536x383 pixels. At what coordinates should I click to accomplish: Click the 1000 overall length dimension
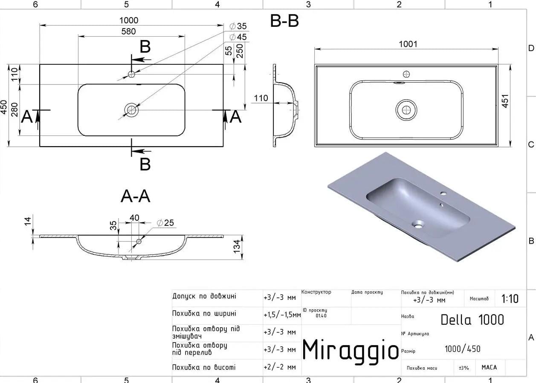point(129,20)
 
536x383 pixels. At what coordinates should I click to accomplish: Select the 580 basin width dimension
point(128,32)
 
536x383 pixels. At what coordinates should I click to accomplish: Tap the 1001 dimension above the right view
point(408,44)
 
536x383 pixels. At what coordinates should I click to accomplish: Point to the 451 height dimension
point(504,101)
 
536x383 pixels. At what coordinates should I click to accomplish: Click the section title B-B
point(284,21)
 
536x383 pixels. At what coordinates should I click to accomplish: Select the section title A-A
point(136,196)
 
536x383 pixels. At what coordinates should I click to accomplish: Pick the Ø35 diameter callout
point(238,26)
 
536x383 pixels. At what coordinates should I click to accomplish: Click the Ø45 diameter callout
point(238,37)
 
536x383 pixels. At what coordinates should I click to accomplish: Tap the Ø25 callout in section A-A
point(165,223)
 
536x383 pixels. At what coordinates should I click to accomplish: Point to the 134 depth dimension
point(236,247)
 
